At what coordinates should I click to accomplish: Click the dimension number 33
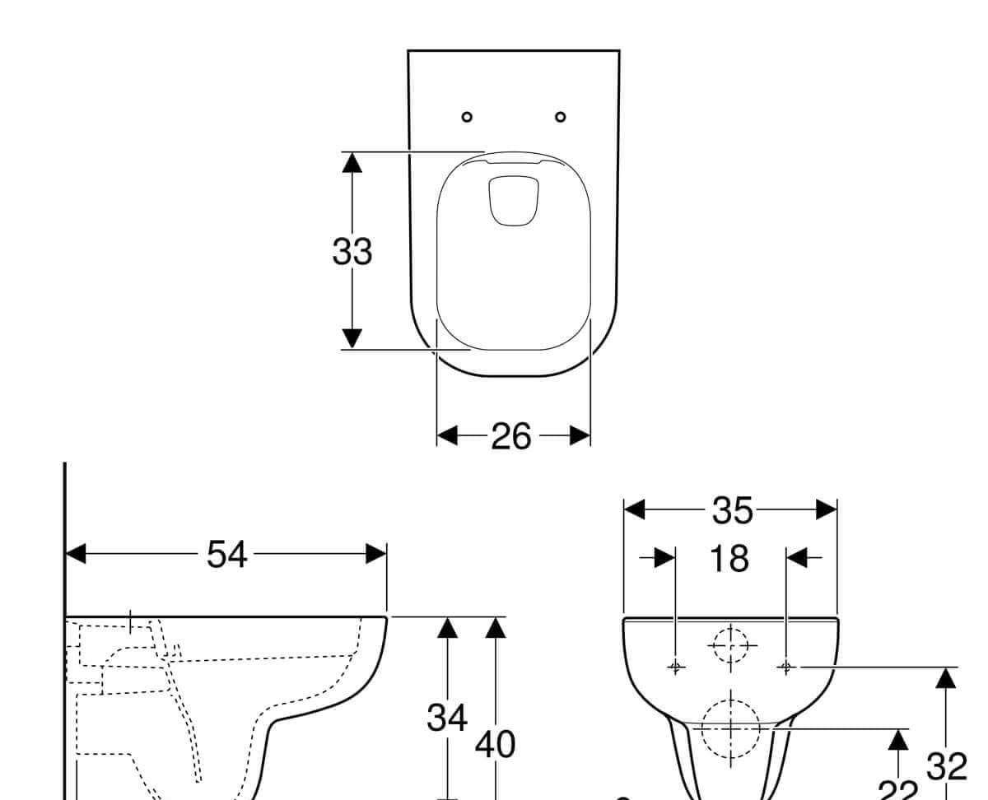click(x=352, y=252)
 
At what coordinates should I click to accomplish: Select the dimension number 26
click(x=511, y=436)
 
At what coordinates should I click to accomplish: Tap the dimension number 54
click(x=226, y=555)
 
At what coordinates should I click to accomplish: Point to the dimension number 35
click(x=732, y=511)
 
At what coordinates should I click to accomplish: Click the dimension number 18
click(x=729, y=560)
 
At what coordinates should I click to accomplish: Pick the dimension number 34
click(x=447, y=718)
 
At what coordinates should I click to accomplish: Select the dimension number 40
click(x=495, y=745)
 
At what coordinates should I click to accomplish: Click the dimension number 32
click(x=946, y=767)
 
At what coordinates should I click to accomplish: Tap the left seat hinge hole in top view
click(x=467, y=117)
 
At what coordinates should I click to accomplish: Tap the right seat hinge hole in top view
click(x=561, y=117)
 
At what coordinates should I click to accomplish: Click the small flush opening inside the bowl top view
click(x=514, y=200)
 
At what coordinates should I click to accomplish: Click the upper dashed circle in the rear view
click(x=730, y=646)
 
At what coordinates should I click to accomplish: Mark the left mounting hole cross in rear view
click(x=675, y=666)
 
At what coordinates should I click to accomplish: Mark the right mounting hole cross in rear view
click(x=785, y=666)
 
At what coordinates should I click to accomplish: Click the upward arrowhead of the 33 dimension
click(x=352, y=162)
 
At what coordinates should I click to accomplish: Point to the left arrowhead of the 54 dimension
click(x=76, y=554)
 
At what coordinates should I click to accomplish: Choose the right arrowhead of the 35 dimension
click(x=827, y=510)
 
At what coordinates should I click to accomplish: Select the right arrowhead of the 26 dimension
click(x=580, y=435)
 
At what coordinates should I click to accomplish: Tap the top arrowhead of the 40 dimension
click(x=495, y=627)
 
